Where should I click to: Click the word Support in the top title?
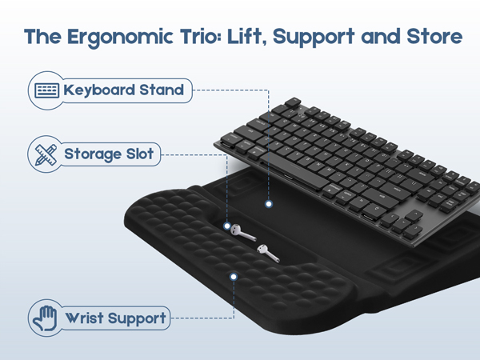pyautogui.click(x=329, y=38)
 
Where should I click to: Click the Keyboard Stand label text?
pyautogui.click(x=124, y=90)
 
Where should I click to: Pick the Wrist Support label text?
pyautogui.click(x=116, y=318)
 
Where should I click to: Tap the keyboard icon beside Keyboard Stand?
pyautogui.click(x=46, y=90)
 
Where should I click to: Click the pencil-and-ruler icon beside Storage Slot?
pyautogui.click(x=45, y=154)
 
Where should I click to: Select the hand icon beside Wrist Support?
pyautogui.click(x=45, y=318)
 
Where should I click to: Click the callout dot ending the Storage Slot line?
pyautogui.click(x=227, y=225)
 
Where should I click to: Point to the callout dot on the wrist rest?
pyautogui.click(x=234, y=276)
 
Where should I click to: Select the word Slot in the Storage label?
pyautogui.click(x=141, y=154)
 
